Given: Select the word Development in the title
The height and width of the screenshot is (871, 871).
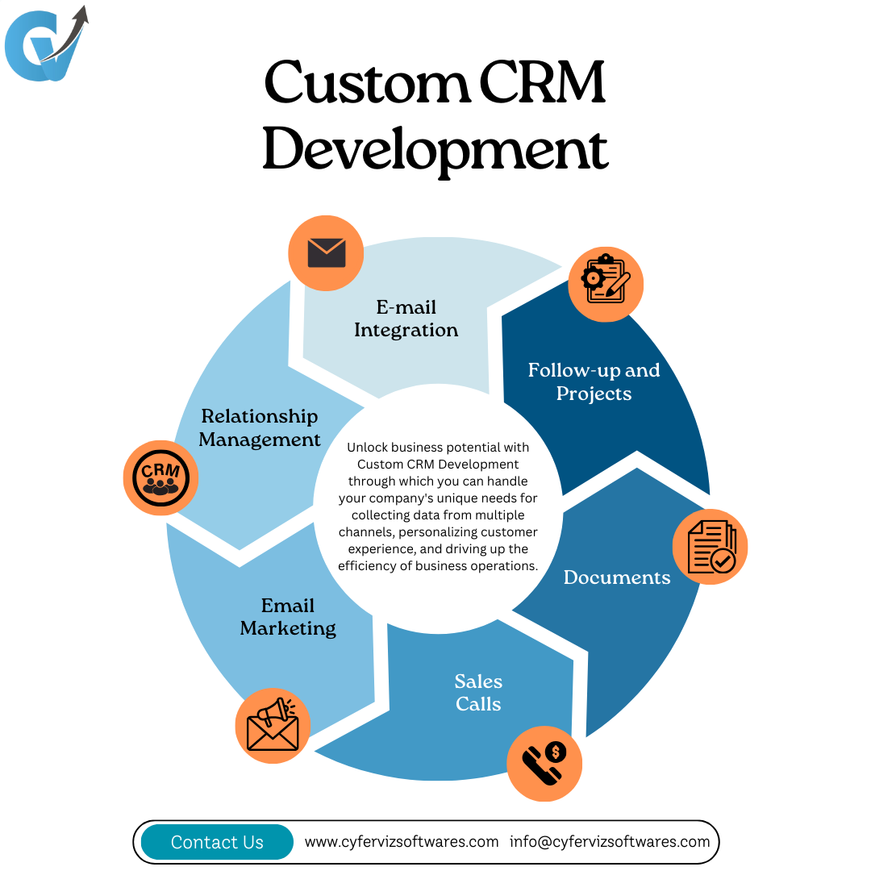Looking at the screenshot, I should tap(435, 150).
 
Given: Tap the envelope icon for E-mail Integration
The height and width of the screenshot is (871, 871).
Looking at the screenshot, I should tap(326, 253).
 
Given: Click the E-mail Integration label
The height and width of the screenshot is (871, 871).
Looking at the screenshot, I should tap(406, 319).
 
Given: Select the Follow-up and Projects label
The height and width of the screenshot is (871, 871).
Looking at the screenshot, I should tap(594, 381).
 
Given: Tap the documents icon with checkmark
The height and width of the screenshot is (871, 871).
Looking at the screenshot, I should tap(711, 547).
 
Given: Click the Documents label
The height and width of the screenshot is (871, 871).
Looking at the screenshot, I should tap(617, 577).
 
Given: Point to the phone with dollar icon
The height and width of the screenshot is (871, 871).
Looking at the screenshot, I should tap(544, 763).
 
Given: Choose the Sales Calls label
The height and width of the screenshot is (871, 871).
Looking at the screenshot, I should tap(478, 693).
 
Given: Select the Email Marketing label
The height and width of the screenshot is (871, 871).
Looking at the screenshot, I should tap(288, 617).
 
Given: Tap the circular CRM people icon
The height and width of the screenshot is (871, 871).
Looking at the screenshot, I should tap(160, 477).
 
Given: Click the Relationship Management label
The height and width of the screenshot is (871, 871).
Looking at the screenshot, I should tap(260, 427).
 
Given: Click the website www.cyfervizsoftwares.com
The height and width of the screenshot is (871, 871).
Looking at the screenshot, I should tap(402, 841).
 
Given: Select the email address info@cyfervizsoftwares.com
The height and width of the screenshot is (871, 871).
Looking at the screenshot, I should tap(610, 841).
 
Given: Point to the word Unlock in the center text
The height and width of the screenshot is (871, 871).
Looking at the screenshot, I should tap(369, 447).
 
